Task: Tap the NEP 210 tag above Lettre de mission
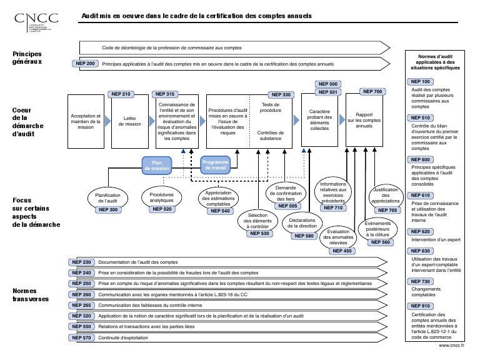coord(122,94)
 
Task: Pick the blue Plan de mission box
coord(157,166)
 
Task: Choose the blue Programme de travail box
coord(216,166)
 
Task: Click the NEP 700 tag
coord(372,92)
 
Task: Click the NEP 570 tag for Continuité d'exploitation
coord(81,338)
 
